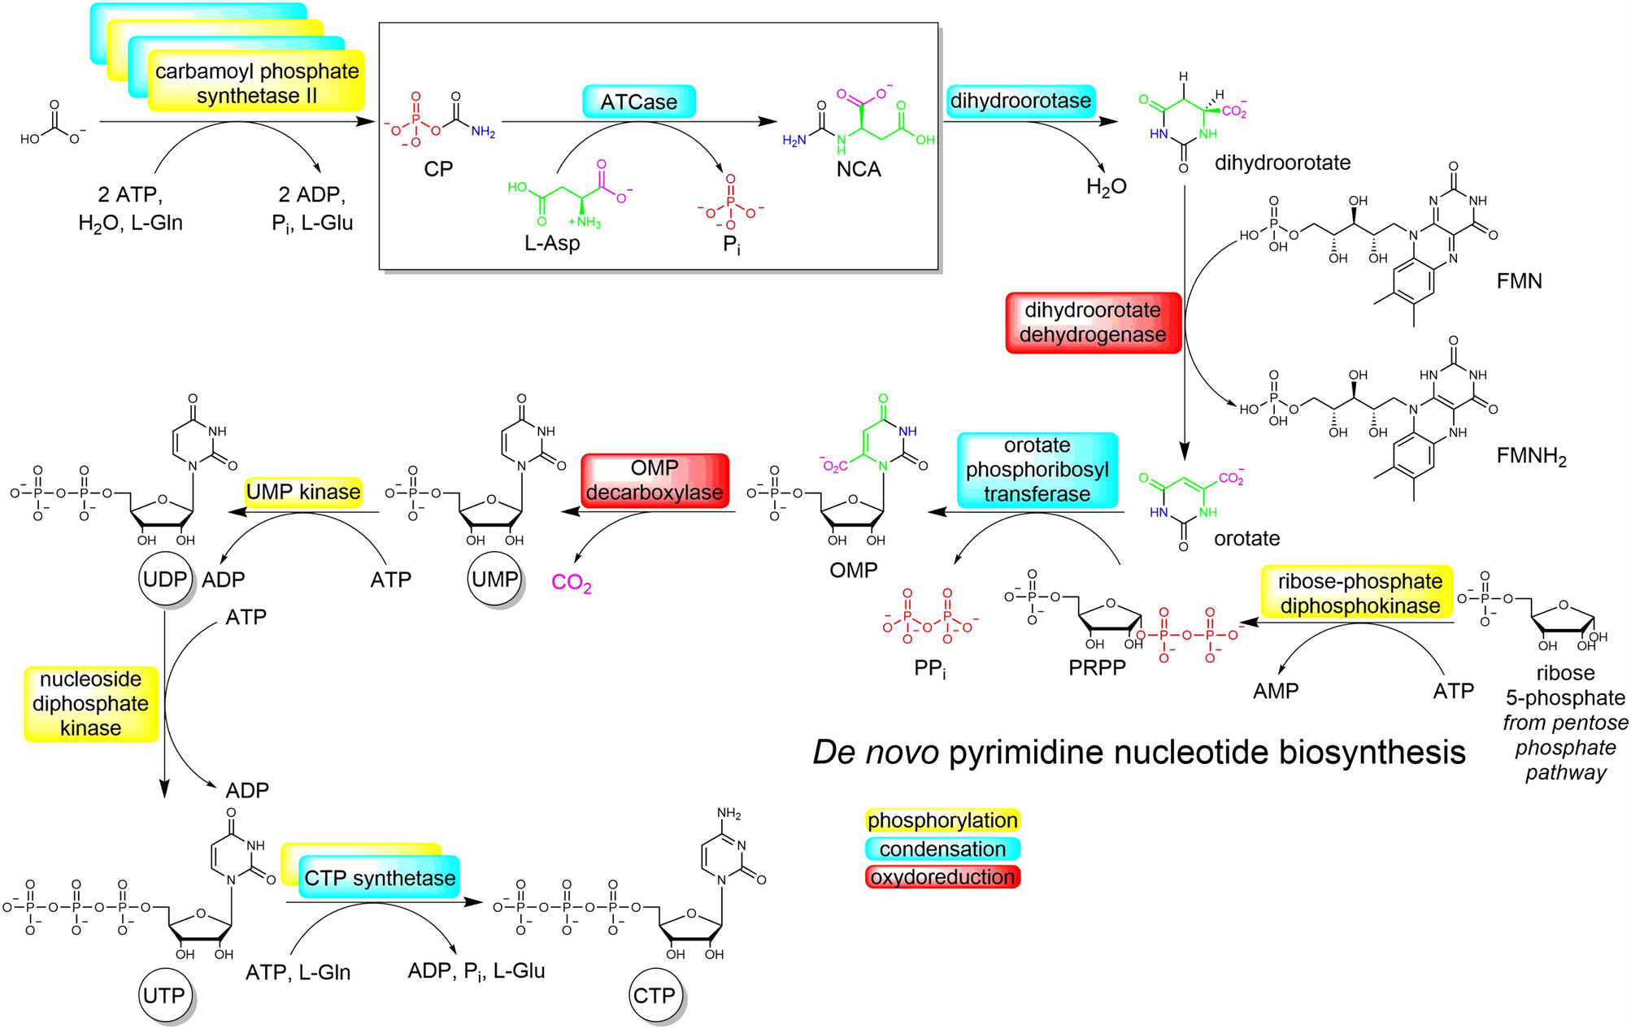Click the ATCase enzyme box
(x=638, y=102)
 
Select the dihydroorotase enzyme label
(x=1020, y=102)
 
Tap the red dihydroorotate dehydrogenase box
(x=1093, y=323)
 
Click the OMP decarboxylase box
(x=655, y=481)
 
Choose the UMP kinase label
(x=303, y=493)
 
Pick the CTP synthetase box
(x=379, y=879)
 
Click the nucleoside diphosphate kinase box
(x=90, y=704)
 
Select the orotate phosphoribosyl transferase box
(x=1037, y=470)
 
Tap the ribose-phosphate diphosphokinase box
(x=1359, y=593)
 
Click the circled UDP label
(x=165, y=580)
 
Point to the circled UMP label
(x=494, y=580)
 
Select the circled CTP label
(x=654, y=996)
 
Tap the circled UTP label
(x=163, y=996)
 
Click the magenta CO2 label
(x=571, y=583)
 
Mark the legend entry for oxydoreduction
(x=942, y=878)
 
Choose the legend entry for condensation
(x=942, y=849)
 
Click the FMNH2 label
(x=1531, y=457)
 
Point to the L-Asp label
(x=552, y=243)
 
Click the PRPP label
(x=1097, y=668)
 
